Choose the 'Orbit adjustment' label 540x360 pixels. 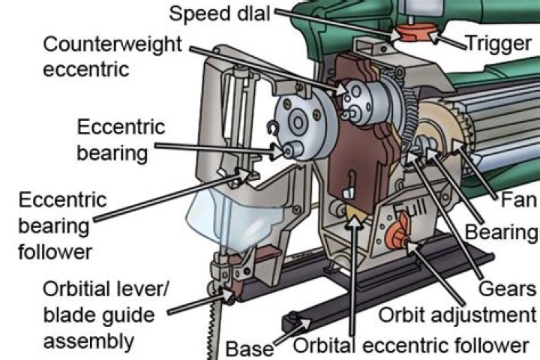click(x=457, y=315)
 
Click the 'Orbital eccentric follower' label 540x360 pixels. click(x=411, y=346)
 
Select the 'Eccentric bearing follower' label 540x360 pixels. click(x=63, y=224)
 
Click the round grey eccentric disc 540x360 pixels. click(x=296, y=124)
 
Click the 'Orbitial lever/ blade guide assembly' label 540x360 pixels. click(x=90, y=316)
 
